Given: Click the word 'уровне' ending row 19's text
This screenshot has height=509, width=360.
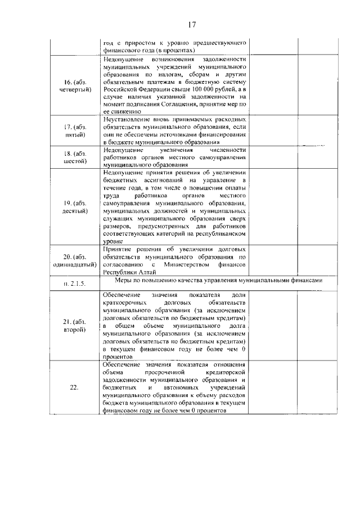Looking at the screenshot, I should (113, 240).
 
